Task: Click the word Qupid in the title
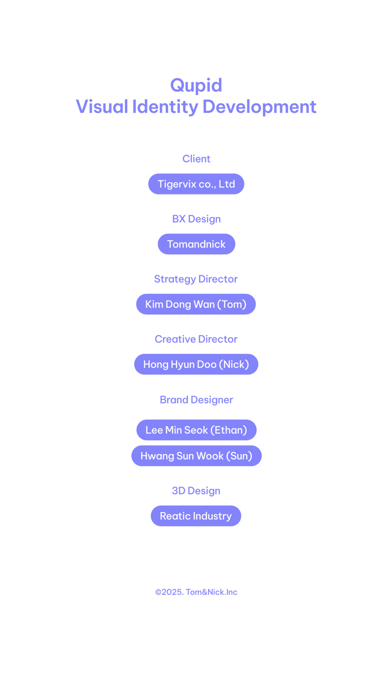pyautogui.click(x=196, y=85)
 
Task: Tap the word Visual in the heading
pyautogui.click(x=102, y=107)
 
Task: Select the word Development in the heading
pyautogui.click(x=260, y=107)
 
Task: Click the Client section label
pyautogui.click(x=196, y=159)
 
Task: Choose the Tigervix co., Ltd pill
pyautogui.click(x=196, y=184)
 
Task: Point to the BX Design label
pyautogui.click(x=196, y=219)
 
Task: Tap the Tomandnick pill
pyautogui.click(x=196, y=244)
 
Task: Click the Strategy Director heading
pyautogui.click(x=196, y=279)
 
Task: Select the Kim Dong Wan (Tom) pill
pyautogui.click(x=196, y=304)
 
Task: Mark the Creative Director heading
pyautogui.click(x=196, y=339)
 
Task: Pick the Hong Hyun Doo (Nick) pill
pyautogui.click(x=196, y=364)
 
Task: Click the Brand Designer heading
pyautogui.click(x=196, y=400)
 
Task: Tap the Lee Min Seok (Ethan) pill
pyautogui.click(x=196, y=430)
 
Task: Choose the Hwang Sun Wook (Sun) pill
pyautogui.click(x=196, y=456)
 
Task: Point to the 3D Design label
pyautogui.click(x=196, y=491)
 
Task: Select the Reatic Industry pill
pyautogui.click(x=196, y=516)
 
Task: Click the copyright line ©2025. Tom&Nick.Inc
pyautogui.click(x=196, y=592)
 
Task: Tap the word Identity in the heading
pyautogui.click(x=165, y=107)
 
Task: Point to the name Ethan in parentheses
pyautogui.click(x=229, y=430)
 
